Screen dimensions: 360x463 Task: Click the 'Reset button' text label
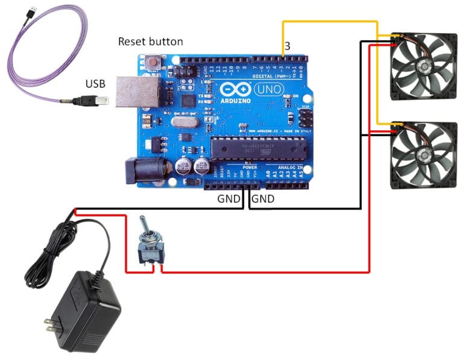(150, 42)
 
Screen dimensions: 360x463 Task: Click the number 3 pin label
(288, 46)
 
